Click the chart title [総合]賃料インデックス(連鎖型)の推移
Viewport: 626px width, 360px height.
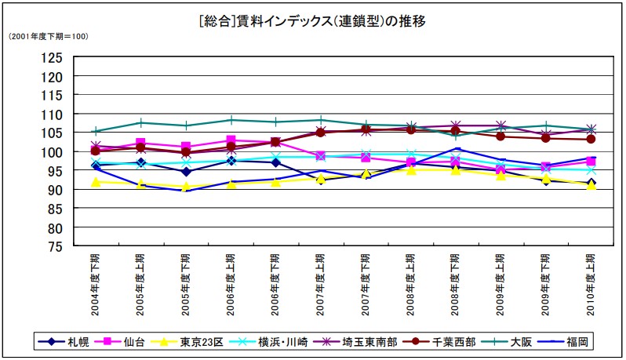[x=312, y=21]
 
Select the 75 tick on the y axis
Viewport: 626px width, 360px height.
[x=54, y=246]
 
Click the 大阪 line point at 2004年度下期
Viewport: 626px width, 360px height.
[x=96, y=131]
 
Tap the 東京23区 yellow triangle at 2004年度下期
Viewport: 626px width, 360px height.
[x=96, y=182]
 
